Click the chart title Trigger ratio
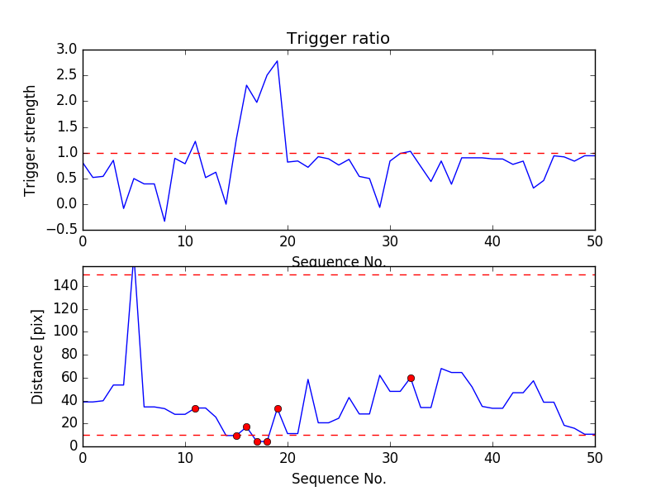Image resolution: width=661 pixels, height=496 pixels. pyautogui.click(x=338, y=39)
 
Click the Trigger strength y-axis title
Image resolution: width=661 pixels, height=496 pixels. pyautogui.click(x=31, y=140)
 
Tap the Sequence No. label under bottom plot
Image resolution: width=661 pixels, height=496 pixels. pyautogui.click(x=339, y=479)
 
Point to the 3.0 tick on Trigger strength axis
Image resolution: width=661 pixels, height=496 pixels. pyautogui.click(x=67, y=50)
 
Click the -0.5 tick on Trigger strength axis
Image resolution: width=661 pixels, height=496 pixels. pyautogui.click(x=64, y=230)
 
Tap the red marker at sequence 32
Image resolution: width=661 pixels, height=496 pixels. pyautogui.click(x=411, y=378)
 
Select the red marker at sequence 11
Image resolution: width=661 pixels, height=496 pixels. pyautogui.click(x=195, y=408)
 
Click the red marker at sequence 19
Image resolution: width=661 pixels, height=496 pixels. pyautogui.click(x=278, y=408)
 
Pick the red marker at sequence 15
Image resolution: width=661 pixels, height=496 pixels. pyautogui.click(x=236, y=436)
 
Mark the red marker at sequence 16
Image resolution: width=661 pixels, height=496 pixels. pyautogui.click(x=246, y=427)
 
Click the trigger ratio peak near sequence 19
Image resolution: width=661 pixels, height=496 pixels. pyautogui.click(x=277, y=60)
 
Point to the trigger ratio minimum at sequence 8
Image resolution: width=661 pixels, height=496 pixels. pyautogui.click(x=164, y=221)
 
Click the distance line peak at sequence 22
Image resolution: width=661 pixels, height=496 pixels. pyautogui.click(x=308, y=379)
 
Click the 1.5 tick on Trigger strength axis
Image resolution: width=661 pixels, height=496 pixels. pyautogui.click(x=67, y=126)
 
